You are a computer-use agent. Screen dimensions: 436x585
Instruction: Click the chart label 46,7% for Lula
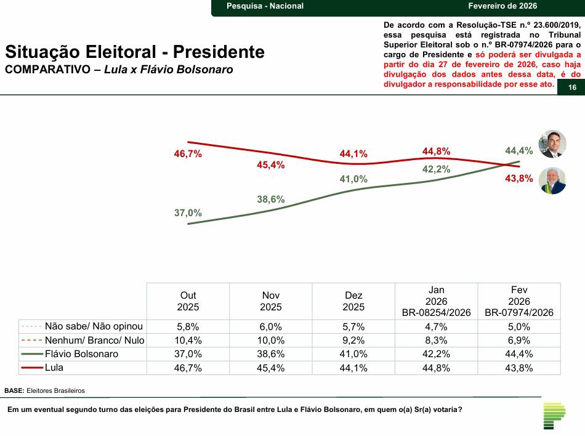[188, 155]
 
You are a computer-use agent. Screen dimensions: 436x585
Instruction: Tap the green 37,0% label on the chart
[188, 213]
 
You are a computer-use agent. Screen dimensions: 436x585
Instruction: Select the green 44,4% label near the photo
[518, 151]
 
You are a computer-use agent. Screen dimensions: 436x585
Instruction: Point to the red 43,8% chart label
[518, 179]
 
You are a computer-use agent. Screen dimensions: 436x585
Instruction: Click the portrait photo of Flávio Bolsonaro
[552, 144]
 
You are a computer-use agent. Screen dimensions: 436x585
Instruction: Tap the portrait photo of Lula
[552, 181]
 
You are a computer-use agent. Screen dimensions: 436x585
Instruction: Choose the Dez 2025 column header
[353, 301]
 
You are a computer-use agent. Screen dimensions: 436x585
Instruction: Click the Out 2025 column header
[188, 301]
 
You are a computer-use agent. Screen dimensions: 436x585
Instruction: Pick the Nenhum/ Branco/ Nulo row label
[94, 341]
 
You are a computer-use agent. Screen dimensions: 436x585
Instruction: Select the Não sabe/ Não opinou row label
[94, 326]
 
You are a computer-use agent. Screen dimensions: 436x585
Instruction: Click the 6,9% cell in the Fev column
[519, 341]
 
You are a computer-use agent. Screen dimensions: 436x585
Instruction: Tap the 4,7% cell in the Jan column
[436, 326]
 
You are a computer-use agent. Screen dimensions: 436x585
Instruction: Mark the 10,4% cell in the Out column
[188, 341]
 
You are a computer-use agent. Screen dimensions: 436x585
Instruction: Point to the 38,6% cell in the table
[271, 354]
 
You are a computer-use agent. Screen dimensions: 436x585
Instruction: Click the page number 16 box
[572, 88]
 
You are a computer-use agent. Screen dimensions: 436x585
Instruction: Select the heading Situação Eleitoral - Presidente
[135, 52]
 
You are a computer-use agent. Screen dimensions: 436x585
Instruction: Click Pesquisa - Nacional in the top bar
[265, 6]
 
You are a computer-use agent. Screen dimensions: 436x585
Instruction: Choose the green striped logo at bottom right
[554, 416]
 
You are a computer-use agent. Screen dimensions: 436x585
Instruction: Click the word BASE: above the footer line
[14, 390]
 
